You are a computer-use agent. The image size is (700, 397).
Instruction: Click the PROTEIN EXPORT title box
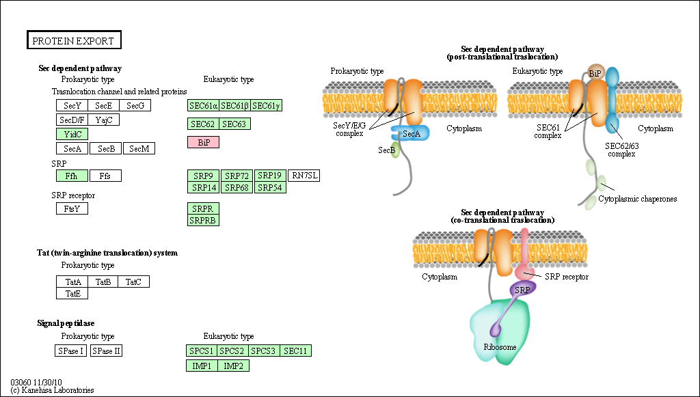click(74, 41)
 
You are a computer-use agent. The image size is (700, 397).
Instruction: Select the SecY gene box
click(72, 105)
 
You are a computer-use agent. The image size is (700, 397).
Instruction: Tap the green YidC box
click(72, 134)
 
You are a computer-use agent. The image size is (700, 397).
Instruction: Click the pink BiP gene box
click(203, 142)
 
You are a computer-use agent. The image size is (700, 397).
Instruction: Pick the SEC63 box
click(234, 124)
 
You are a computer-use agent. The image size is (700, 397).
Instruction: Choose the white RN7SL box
click(304, 176)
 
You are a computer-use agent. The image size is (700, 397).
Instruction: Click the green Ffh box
click(72, 176)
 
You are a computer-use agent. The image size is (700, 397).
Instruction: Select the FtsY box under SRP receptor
click(72, 208)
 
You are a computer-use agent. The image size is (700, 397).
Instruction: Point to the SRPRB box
click(203, 220)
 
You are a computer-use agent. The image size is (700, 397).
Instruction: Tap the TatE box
click(72, 293)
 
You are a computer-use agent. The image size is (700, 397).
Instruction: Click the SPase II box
click(107, 351)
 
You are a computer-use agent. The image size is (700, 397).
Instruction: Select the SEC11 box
click(295, 351)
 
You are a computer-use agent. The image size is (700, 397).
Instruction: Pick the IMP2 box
click(234, 366)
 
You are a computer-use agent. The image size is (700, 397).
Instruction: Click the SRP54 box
click(270, 187)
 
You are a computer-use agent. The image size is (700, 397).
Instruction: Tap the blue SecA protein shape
click(410, 133)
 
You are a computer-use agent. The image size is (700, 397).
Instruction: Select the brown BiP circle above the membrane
click(595, 72)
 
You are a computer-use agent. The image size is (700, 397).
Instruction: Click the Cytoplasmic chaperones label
click(637, 199)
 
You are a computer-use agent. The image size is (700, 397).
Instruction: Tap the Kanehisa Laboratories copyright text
click(52, 390)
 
